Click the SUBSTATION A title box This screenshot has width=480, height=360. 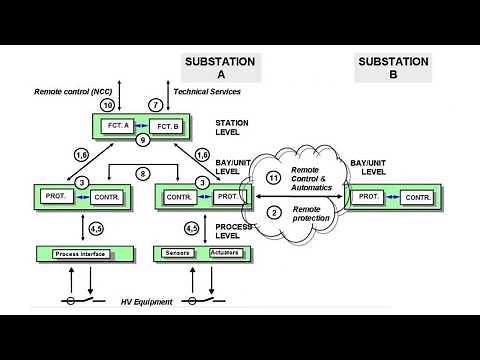(220, 68)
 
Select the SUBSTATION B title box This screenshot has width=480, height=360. (393, 68)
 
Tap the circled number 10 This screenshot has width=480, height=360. (107, 105)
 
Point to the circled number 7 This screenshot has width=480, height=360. (155, 105)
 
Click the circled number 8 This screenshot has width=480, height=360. (145, 174)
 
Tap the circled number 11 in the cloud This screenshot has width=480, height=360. (274, 177)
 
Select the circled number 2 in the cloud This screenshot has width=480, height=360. (274, 212)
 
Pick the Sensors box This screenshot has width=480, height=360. (177, 254)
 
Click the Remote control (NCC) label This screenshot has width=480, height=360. (75, 91)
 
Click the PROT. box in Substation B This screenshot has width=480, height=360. (369, 196)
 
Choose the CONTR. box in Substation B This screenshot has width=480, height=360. (418, 197)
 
